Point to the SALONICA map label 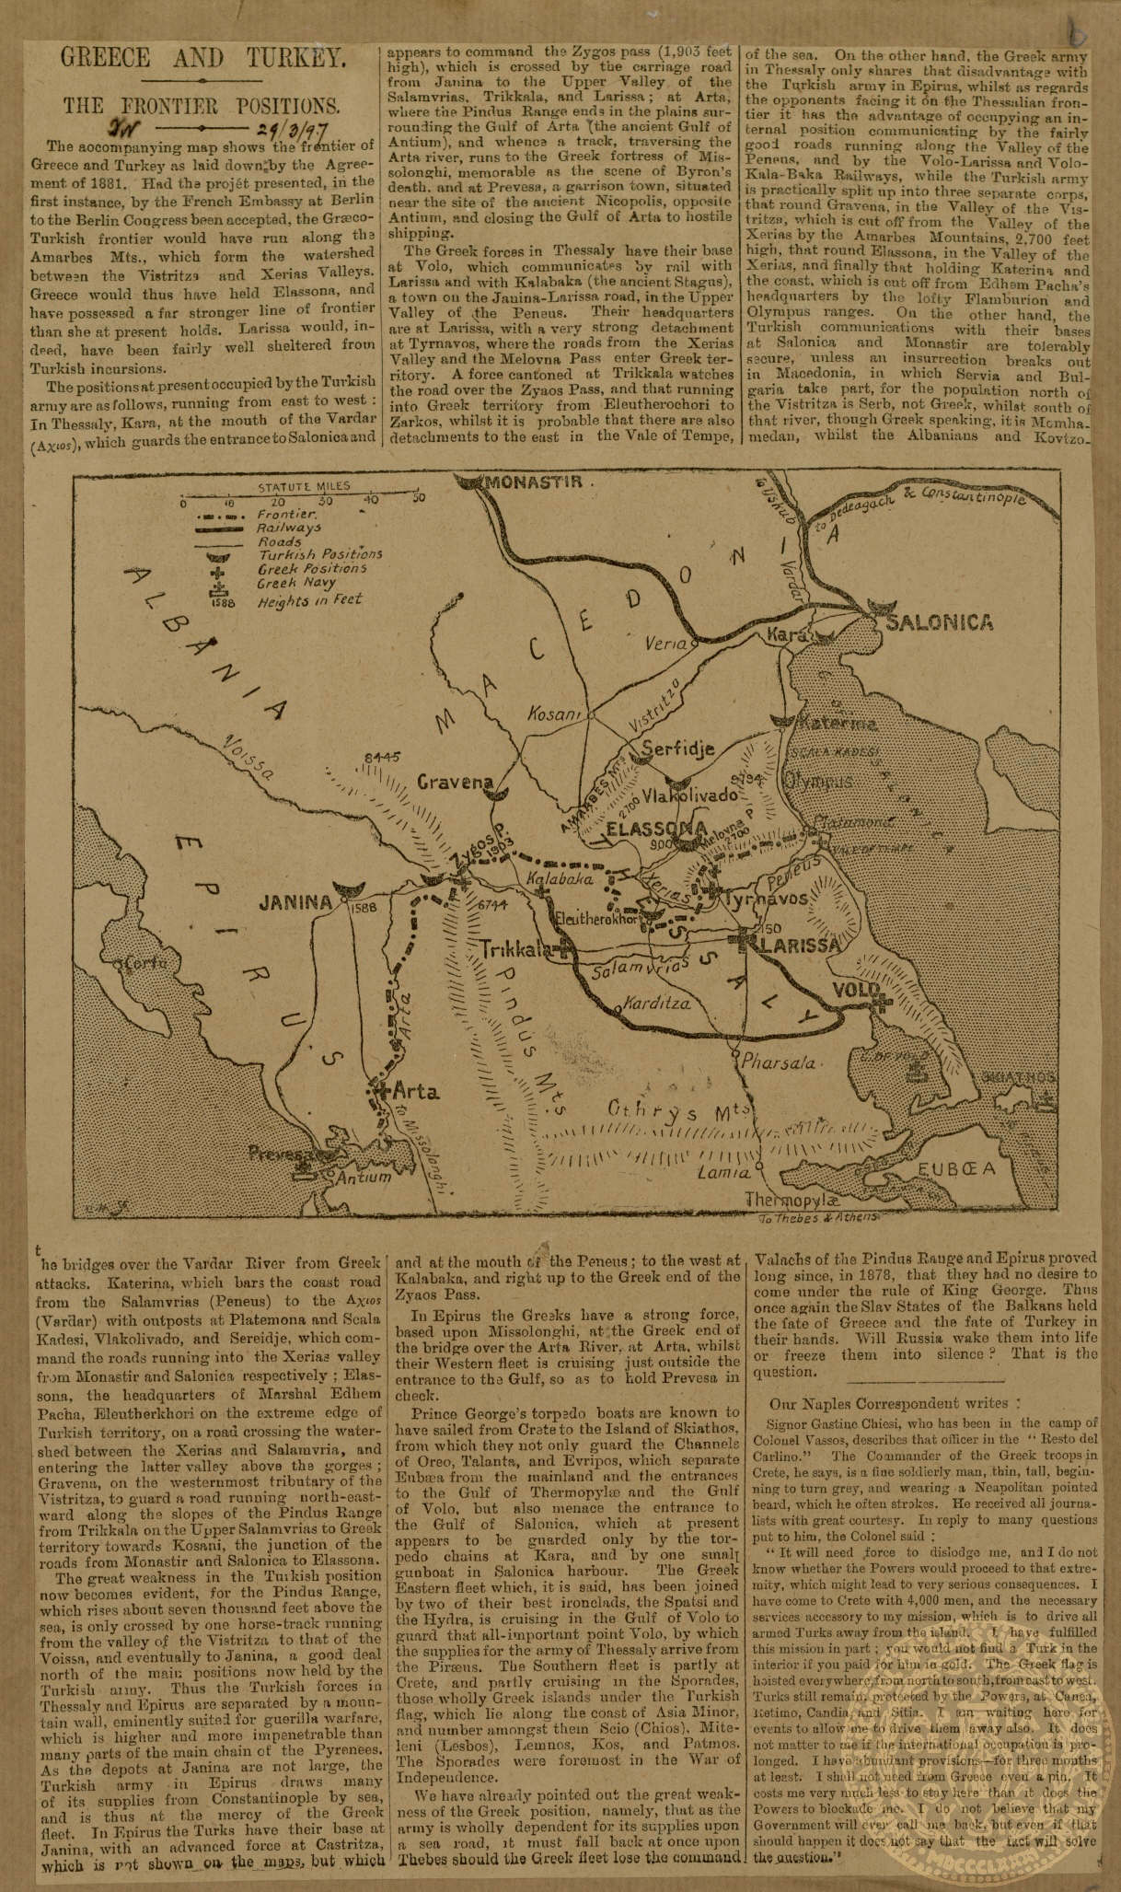[x=939, y=622]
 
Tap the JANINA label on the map [x=295, y=902]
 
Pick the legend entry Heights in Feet [x=310, y=600]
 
